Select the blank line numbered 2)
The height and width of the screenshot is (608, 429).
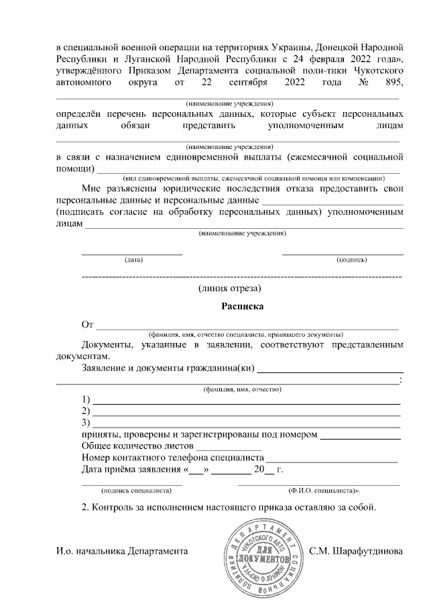246,414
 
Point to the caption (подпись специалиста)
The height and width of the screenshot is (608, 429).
132,491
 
